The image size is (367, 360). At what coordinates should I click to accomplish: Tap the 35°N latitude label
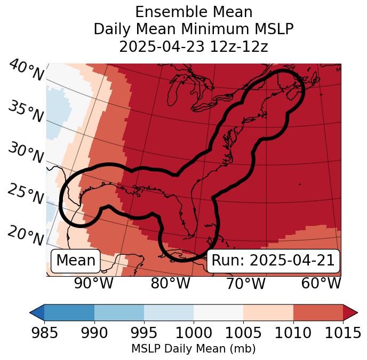pyautogui.click(x=26, y=112)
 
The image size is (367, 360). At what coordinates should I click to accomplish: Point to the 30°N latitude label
pyautogui.click(x=26, y=153)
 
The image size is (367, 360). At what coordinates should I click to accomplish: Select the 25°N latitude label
pyautogui.click(x=26, y=194)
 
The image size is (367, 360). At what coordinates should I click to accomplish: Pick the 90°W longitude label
pyautogui.click(x=93, y=283)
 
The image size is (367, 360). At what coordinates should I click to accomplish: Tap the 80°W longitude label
pyautogui.click(x=170, y=283)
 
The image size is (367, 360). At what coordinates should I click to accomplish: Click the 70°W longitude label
pyautogui.click(x=245, y=283)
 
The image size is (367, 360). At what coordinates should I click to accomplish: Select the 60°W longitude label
pyautogui.click(x=321, y=283)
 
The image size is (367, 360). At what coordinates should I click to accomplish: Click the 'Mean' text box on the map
pyautogui.click(x=76, y=261)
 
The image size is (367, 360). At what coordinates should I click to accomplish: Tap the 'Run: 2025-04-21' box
pyautogui.click(x=273, y=261)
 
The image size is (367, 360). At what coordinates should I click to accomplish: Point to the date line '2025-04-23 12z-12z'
pyautogui.click(x=194, y=46)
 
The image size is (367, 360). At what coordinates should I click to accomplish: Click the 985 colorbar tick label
pyautogui.click(x=44, y=333)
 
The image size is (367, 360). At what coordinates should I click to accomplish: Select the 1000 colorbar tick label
pyautogui.click(x=194, y=333)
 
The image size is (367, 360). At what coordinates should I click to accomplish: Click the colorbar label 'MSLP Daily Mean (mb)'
pyautogui.click(x=194, y=349)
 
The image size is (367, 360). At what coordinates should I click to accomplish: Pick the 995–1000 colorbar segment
pyautogui.click(x=169, y=312)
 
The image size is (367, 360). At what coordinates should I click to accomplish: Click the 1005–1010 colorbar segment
pyautogui.click(x=268, y=312)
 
